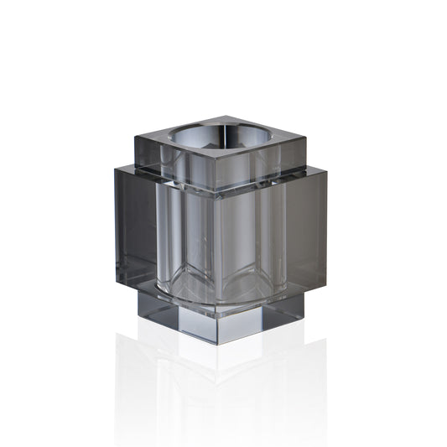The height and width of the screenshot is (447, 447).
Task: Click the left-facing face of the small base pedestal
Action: click(x=176, y=314)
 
